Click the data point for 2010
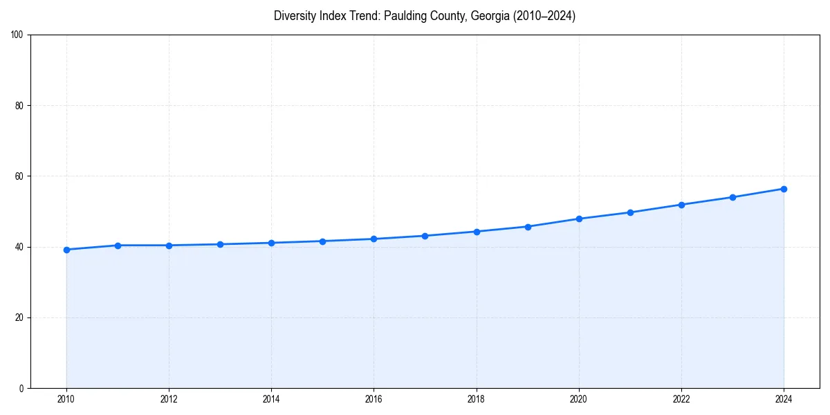pyautogui.click(x=66, y=250)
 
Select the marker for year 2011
pyautogui.click(x=118, y=246)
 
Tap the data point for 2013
pyautogui.click(x=220, y=244)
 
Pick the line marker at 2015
pyautogui.click(x=322, y=241)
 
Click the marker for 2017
pyautogui.click(x=425, y=236)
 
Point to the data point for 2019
pyautogui.click(x=528, y=227)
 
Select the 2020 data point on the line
pyautogui.click(x=579, y=219)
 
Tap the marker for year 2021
pyautogui.click(x=630, y=212)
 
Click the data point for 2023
pyautogui.click(x=732, y=197)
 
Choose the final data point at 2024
pyautogui.click(x=784, y=189)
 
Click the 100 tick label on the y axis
pyautogui.click(x=17, y=35)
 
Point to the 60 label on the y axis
pyautogui.click(x=19, y=176)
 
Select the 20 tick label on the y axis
pyautogui.click(x=19, y=317)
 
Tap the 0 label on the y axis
pyautogui.click(x=21, y=388)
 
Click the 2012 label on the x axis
pyautogui.click(x=169, y=399)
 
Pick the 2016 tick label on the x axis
pyautogui.click(x=373, y=399)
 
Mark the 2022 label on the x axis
pyautogui.click(x=681, y=399)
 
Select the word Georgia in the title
pyautogui.click(x=490, y=16)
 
